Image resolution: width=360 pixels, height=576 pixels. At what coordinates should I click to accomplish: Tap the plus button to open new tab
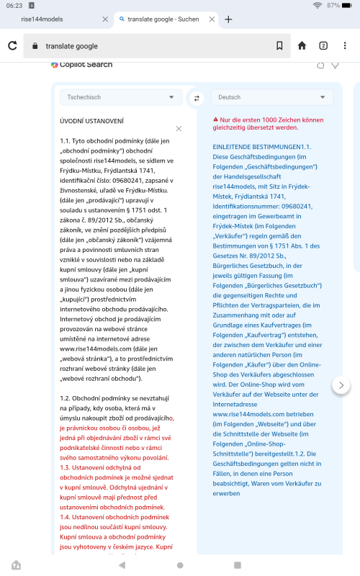click(228, 19)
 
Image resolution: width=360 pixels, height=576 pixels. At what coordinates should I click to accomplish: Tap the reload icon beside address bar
click(12, 46)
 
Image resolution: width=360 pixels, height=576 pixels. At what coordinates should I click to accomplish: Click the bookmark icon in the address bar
click(279, 46)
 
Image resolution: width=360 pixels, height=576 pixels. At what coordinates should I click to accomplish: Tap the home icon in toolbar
click(302, 46)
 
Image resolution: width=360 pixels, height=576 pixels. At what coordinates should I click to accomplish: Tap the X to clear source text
click(179, 129)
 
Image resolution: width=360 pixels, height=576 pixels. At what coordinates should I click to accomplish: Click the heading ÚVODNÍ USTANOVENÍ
click(91, 121)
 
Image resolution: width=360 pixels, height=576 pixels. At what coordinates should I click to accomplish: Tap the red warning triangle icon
click(215, 119)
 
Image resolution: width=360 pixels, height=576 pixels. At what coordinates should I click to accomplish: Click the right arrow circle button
click(341, 385)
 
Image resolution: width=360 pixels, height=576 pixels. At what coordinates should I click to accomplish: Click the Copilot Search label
click(85, 65)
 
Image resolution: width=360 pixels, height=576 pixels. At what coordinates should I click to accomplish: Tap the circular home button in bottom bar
click(180, 565)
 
